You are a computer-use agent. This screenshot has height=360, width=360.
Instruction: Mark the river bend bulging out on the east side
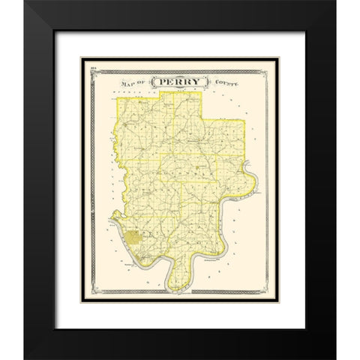(253, 188)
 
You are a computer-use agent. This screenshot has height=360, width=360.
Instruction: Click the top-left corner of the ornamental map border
(89, 73)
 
